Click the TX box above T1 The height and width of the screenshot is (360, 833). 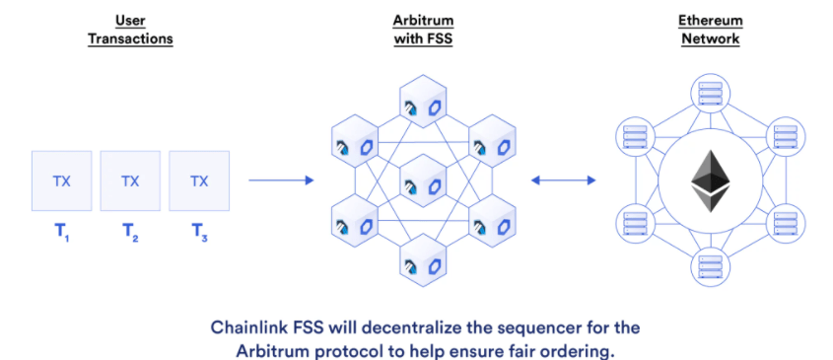click(x=61, y=180)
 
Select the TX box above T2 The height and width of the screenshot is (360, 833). click(x=130, y=180)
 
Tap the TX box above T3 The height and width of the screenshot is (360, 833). click(x=199, y=180)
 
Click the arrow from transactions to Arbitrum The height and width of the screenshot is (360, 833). click(x=281, y=180)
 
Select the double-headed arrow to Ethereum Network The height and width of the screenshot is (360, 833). click(x=563, y=180)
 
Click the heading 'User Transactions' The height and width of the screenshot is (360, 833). click(x=131, y=29)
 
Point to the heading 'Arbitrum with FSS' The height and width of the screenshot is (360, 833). click(x=420, y=29)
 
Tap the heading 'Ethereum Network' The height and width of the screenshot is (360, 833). click(x=709, y=29)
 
